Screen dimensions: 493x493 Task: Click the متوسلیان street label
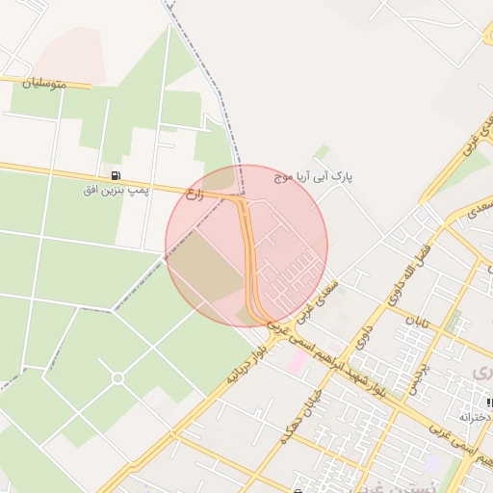[47, 85]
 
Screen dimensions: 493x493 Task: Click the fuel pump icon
[117, 176]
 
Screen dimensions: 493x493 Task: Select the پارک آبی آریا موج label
[315, 179]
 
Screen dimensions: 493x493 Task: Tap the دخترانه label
[477, 417]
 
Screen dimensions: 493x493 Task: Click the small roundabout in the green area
[117, 377]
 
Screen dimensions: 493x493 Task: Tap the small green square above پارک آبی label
[322, 151]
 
